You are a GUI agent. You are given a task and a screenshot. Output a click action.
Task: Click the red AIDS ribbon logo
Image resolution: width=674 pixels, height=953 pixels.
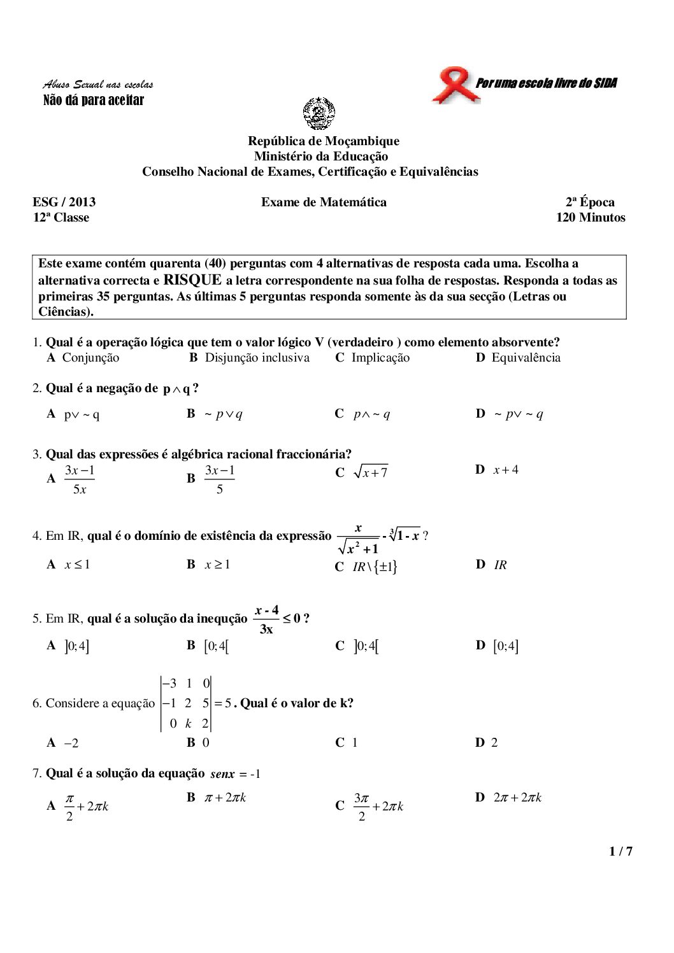point(455,84)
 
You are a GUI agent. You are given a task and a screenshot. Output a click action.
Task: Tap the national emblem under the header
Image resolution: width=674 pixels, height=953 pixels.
point(319,113)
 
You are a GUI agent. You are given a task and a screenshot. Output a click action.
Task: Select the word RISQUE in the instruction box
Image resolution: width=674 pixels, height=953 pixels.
point(192,280)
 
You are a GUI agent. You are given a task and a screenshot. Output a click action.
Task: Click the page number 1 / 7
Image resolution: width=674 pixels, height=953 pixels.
point(620,851)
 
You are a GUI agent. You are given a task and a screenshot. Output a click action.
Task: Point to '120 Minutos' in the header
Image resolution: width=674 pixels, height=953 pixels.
point(590,218)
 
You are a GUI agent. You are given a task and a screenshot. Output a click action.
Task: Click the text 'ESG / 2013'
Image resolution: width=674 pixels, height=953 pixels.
point(64,202)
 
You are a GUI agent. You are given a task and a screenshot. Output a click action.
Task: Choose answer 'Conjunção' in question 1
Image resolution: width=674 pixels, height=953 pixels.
point(90,358)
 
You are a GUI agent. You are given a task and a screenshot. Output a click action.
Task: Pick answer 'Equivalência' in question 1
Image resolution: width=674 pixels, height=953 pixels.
point(526,358)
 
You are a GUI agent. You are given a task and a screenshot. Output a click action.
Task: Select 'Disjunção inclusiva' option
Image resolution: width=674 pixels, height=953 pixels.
point(257,358)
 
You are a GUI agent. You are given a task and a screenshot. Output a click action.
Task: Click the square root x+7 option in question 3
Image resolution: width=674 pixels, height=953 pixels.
point(371,472)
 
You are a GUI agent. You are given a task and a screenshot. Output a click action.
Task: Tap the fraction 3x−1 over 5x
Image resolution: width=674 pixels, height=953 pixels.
point(80,479)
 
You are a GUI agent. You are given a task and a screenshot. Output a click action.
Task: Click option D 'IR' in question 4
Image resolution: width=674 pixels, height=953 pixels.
point(500,565)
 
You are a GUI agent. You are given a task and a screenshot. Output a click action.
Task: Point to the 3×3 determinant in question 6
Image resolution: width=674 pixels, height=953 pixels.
point(186,703)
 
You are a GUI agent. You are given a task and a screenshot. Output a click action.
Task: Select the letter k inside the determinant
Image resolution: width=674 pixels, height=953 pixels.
point(189,724)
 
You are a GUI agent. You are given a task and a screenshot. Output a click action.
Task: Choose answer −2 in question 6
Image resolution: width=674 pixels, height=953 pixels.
point(71,743)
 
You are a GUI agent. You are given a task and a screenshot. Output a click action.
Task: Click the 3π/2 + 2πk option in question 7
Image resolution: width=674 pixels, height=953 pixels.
point(378,807)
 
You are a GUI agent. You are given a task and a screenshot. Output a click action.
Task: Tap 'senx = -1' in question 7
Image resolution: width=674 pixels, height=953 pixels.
point(235,774)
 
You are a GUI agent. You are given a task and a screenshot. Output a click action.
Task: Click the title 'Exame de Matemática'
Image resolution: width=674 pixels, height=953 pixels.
point(324,202)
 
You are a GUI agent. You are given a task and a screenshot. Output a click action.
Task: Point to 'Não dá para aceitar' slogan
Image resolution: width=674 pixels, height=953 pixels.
point(94,100)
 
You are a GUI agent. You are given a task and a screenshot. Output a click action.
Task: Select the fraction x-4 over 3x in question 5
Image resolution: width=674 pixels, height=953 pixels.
point(266,619)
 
